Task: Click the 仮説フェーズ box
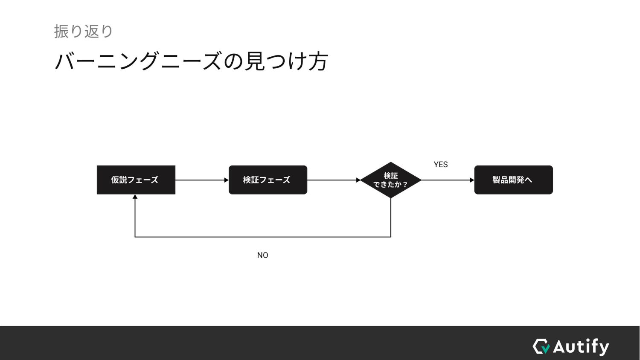[x=136, y=180]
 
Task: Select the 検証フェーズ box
[x=268, y=180]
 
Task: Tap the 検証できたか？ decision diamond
[x=390, y=180]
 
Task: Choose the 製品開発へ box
[x=513, y=180]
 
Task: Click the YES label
[x=441, y=165]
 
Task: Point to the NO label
[x=262, y=255]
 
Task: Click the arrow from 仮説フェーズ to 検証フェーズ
[x=201, y=180]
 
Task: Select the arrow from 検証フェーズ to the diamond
[x=333, y=180]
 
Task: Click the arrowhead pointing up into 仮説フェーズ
[x=135, y=197]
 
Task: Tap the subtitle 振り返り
[x=84, y=32]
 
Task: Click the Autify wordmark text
[x=581, y=346]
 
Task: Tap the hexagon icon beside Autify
[x=541, y=346]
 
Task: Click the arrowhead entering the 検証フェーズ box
[x=227, y=180]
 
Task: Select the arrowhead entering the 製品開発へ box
[x=472, y=180]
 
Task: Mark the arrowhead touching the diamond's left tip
[x=358, y=180]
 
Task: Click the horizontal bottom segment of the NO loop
[x=262, y=237]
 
